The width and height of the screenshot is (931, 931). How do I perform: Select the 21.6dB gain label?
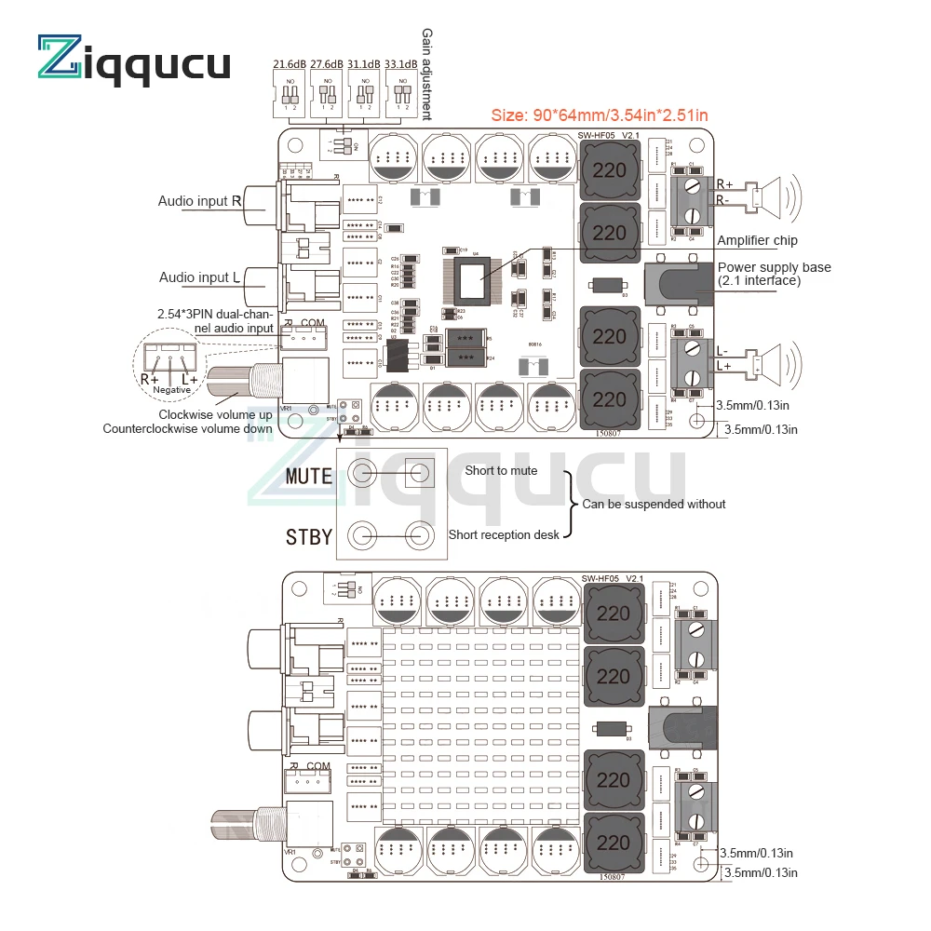pyautogui.click(x=290, y=64)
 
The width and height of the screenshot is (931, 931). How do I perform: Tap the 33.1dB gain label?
pyautogui.click(x=402, y=64)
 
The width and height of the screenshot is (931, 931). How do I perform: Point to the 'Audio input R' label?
pyautogui.click(x=199, y=201)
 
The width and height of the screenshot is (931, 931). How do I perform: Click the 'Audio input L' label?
pyautogui.click(x=199, y=277)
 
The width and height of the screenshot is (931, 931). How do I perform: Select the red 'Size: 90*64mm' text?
pyautogui.click(x=599, y=115)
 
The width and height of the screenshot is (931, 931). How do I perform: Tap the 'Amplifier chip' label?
pyautogui.click(x=758, y=241)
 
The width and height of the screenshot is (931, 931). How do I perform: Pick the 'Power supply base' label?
pyautogui.click(x=775, y=274)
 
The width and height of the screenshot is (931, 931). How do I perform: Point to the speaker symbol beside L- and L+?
pyautogui.click(x=776, y=361)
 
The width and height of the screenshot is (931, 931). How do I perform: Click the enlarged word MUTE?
pyautogui.click(x=308, y=477)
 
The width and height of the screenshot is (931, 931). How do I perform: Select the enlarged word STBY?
pyautogui.click(x=308, y=536)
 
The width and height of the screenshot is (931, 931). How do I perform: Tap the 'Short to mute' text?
pyautogui.click(x=501, y=471)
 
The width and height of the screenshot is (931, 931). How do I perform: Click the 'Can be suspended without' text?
pyautogui.click(x=654, y=505)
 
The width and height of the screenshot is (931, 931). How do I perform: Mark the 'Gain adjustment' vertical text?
pyautogui.click(x=427, y=74)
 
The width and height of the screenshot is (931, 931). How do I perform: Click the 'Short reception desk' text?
pyautogui.click(x=504, y=535)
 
